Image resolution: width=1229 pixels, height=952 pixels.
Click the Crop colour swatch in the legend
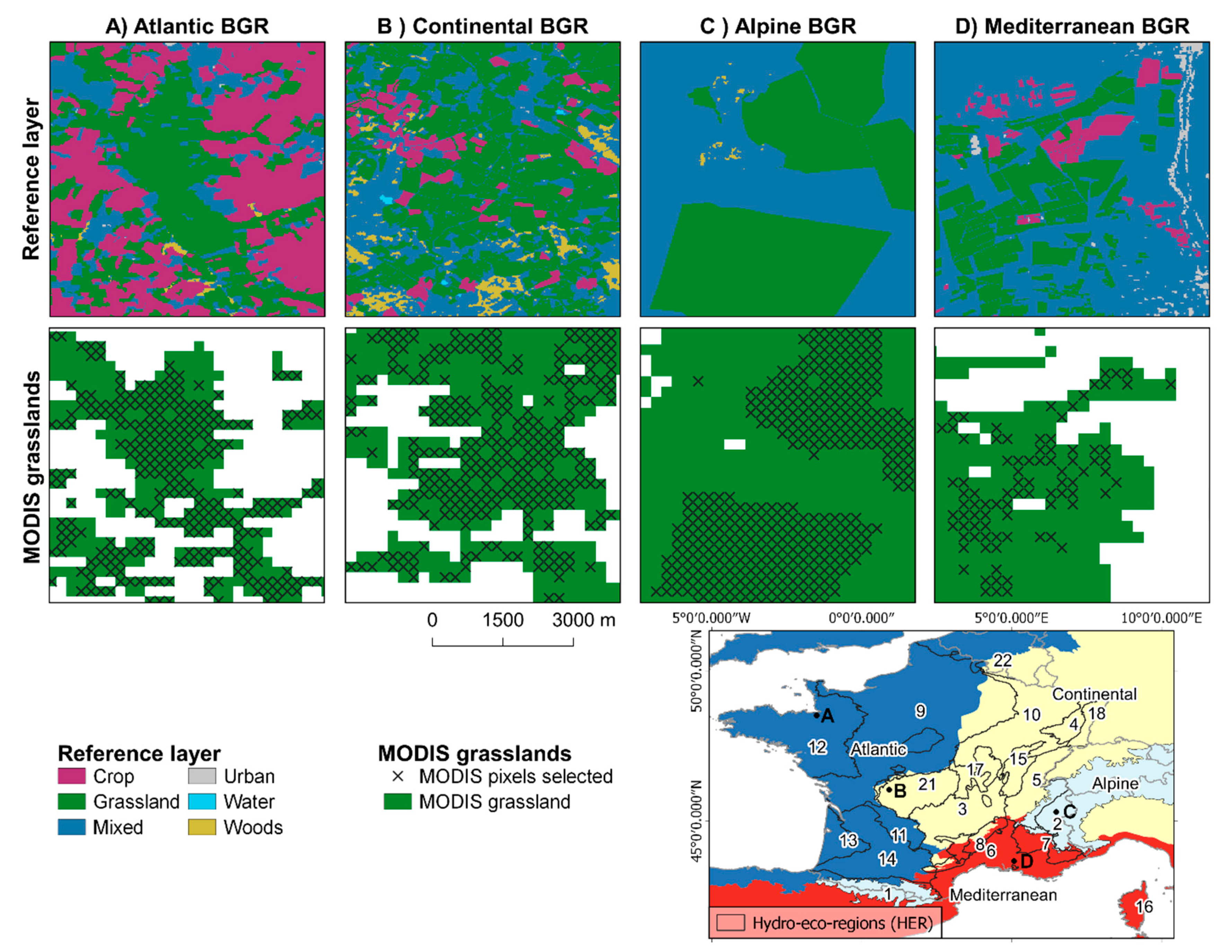(x=71, y=776)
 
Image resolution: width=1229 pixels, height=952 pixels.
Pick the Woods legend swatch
(x=202, y=827)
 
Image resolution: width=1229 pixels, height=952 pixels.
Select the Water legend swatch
(x=202, y=801)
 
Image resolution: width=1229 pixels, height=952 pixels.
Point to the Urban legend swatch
(x=202, y=776)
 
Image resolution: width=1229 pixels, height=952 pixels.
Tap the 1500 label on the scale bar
(x=503, y=620)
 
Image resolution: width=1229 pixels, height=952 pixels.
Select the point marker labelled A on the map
(x=816, y=715)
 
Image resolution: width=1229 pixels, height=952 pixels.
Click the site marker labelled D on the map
(x=1014, y=860)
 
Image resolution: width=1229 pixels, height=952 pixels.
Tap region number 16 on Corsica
(x=1143, y=906)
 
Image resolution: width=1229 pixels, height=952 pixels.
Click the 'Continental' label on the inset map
(x=1094, y=694)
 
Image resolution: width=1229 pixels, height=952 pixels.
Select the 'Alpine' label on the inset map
(x=1115, y=784)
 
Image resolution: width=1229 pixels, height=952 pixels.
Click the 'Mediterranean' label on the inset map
(x=1003, y=894)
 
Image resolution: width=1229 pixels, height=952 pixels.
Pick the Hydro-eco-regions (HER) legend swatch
(x=731, y=923)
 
